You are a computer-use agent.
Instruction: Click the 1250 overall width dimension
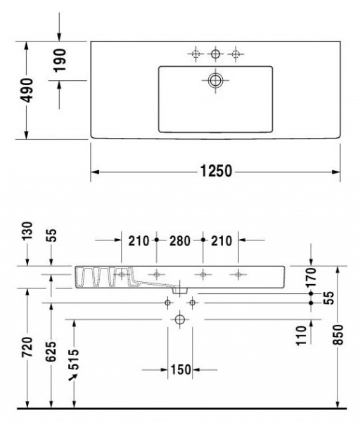214,171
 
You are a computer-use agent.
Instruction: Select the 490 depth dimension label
27,90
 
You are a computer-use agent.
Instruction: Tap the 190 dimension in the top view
60,60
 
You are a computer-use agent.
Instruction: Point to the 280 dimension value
179,241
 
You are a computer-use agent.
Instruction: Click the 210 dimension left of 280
139,241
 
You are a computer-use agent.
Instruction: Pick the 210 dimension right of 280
221,241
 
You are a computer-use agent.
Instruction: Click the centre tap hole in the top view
215,53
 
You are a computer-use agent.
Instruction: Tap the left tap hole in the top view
195,53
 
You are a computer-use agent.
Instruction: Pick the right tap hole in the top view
236,53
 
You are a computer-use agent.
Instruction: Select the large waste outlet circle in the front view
179,320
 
